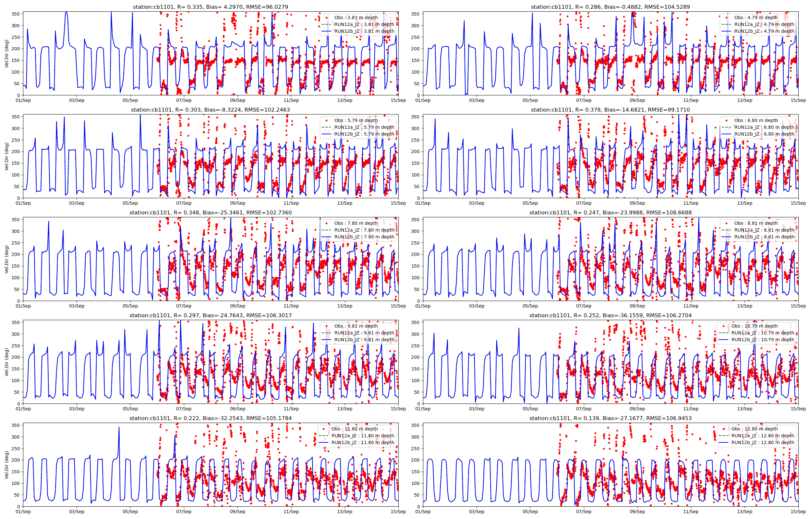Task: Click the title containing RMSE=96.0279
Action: (x=210, y=7)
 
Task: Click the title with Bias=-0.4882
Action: (x=610, y=7)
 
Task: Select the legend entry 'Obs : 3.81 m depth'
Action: (x=356, y=18)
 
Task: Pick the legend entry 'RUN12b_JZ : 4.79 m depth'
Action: (x=764, y=31)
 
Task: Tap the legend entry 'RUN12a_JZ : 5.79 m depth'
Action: (x=364, y=127)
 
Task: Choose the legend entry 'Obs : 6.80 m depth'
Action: (x=756, y=120)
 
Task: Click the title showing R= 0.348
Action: (x=210, y=213)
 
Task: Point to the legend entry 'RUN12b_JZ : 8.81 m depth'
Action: (x=764, y=237)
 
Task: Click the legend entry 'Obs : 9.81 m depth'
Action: (x=356, y=326)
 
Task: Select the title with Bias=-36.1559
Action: (x=610, y=315)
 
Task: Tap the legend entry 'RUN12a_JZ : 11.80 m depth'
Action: (x=363, y=436)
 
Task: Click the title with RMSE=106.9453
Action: (x=610, y=418)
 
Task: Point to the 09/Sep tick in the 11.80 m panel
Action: (x=237, y=512)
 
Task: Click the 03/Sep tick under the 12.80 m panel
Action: (x=477, y=512)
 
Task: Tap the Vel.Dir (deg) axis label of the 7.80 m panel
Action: (x=7, y=259)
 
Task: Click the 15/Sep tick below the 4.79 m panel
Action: (x=798, y=101)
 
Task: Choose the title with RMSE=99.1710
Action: (x=610, y=110)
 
